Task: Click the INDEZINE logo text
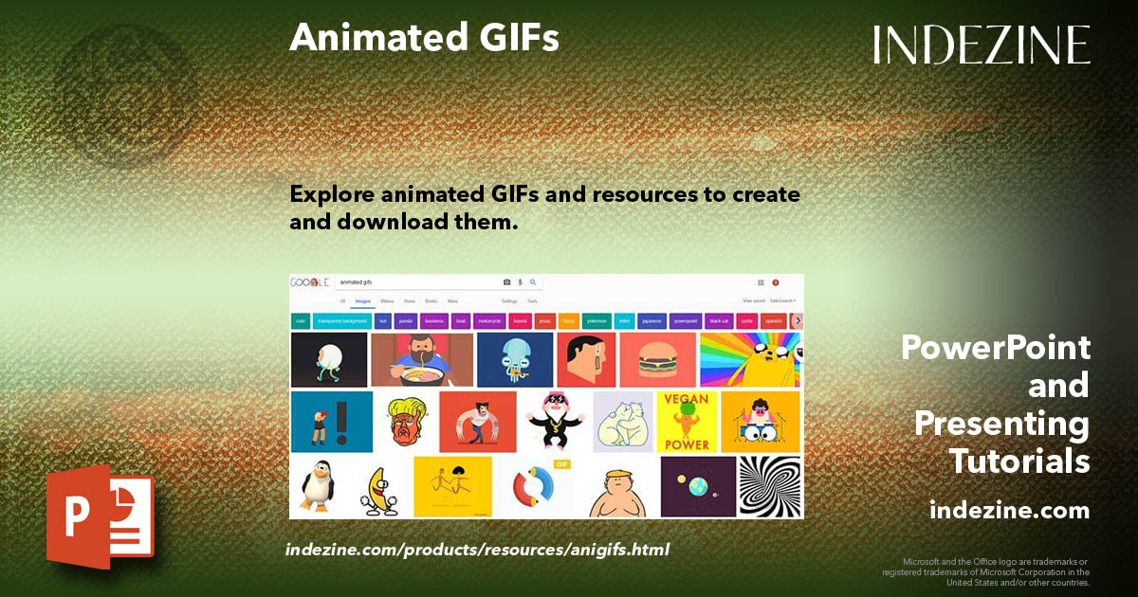tap(982, 45)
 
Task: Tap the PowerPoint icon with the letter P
tap(100, 516)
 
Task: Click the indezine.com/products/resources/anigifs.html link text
tap(477, 549)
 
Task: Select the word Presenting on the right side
tap(1001, 424)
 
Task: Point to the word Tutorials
tap(1019, 461)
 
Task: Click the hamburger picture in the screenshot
tap(657, 360)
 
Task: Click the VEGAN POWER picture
tap(687, 422)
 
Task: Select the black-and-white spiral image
tap(770, 486)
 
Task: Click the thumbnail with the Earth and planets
tap(698, 486)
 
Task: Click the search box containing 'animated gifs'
tap(417, 282)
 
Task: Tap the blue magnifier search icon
tap(533, 282)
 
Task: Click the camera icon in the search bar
tap(507, 282)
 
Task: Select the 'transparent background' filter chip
tap(342, 321)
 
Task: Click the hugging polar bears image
tap(622, 422)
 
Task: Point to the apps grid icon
tap(761, 282)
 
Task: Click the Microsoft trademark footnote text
tap(986, 571)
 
